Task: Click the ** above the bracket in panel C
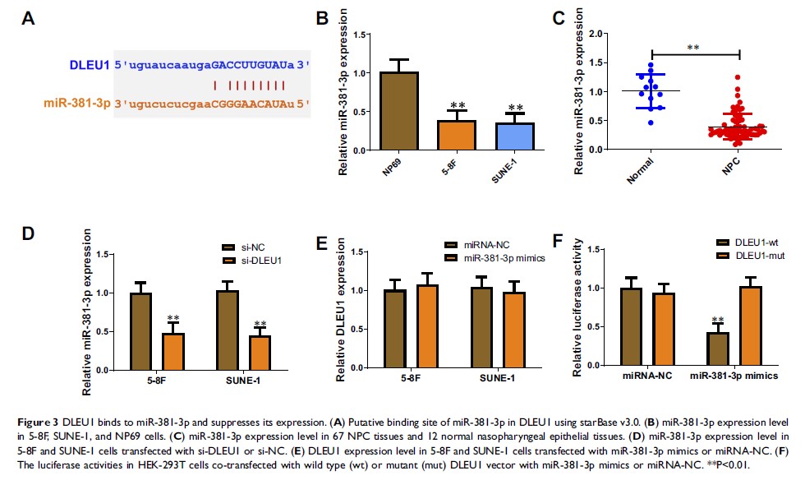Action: click(695, 48)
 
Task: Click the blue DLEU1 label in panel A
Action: click(87, 63)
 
